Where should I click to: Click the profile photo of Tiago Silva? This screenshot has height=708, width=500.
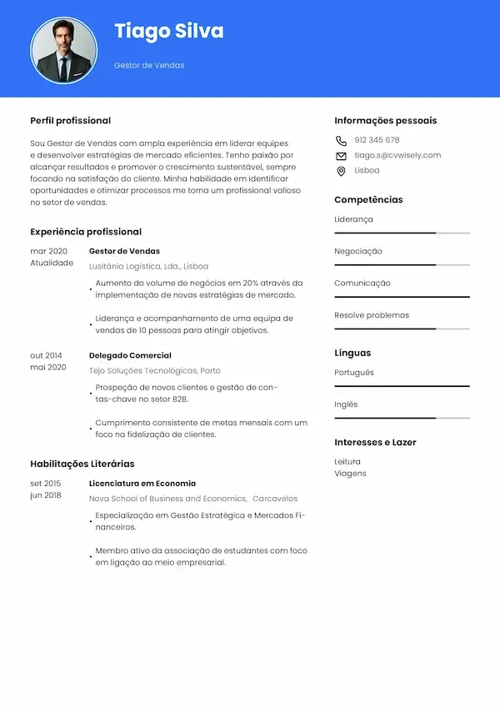(x=64, y=51)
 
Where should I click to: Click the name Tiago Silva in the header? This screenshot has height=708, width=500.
(x=168, y=32)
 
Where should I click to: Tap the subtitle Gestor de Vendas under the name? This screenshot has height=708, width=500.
(x=149, y=65)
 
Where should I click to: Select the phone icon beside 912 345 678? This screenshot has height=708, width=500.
(x=341, y=141)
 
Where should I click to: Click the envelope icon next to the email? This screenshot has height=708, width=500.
(x=341, y=156)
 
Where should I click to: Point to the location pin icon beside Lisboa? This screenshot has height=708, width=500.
(x=341, y=171)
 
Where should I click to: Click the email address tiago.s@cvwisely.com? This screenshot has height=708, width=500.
(x=397, y=155)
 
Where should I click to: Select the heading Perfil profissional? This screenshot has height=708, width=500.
(x=71, y=121)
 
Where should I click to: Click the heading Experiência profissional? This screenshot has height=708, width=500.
(x=86, y=232)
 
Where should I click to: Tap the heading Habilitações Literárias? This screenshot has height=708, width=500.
(x=82, y=464)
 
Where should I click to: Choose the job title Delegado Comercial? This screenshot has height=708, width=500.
(x=130, y=355)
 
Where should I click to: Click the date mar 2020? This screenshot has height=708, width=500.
(x=48, y=251)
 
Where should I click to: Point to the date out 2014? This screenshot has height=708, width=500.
(x=47, y=355)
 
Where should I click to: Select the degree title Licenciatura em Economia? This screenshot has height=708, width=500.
(x=142, y=483)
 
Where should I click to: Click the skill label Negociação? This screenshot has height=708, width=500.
(x=358, y=251)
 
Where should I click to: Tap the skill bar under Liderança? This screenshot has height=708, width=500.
(x=402, y=233)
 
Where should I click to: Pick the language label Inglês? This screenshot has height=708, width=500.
(x=346, y=404)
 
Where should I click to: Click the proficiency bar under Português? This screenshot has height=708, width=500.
(x=402, y=386)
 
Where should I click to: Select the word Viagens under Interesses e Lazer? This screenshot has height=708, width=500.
(x=350, y=474)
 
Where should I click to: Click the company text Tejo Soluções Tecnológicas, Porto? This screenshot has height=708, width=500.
(x=155, y=370)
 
